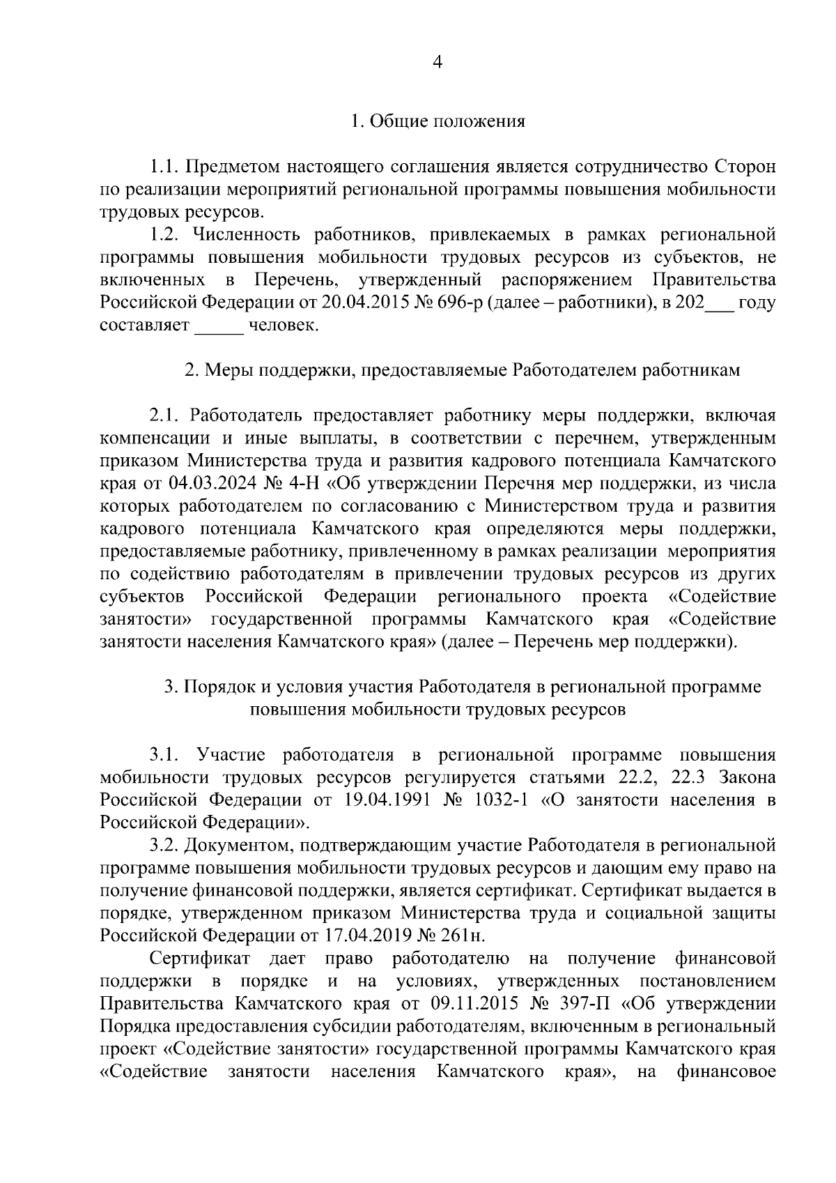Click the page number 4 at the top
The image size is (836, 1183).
(x=438, y=62)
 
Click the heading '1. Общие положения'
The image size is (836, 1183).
(x=438, y=121)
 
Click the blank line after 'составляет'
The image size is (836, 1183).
(x=219, y=326)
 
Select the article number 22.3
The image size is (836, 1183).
(x=686, y=777)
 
